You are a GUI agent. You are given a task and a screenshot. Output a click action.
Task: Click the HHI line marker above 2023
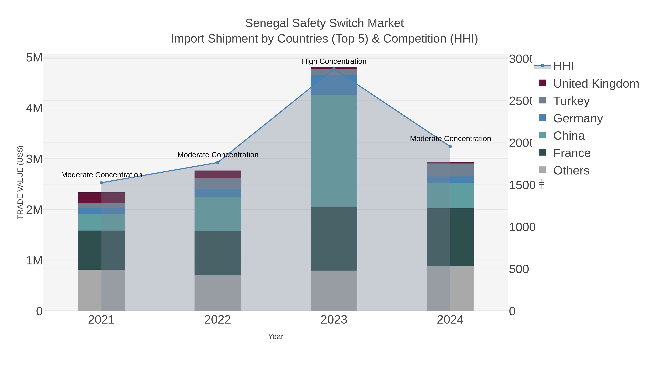[334, 69]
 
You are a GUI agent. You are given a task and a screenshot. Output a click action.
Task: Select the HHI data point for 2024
[450, 147]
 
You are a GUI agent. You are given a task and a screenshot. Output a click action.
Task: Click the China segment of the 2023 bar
[334, 151]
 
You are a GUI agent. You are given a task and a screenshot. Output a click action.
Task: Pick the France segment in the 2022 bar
[218, 253]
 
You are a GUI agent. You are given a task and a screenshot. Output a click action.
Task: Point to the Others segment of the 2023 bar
[334, 291]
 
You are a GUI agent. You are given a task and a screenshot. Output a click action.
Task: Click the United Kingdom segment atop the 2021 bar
[101, 198]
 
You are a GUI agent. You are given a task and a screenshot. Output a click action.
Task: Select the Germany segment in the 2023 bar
[334, 85]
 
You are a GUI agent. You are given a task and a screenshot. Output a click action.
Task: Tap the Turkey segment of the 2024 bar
[450, 170]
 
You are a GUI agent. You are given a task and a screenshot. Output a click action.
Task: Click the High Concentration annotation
[334, 61]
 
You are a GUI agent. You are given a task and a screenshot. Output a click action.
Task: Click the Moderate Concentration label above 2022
[218, 155]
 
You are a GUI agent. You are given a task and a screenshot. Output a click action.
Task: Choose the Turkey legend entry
[571, 101]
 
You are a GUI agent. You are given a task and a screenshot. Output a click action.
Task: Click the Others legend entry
[571, 171]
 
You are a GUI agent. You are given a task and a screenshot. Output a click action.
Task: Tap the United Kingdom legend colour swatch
[542, 83]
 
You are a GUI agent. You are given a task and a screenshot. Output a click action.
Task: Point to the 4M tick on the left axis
[34, 108]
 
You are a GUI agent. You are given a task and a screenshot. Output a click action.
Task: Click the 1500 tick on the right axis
[522, 185]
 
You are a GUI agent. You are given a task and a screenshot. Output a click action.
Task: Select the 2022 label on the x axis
[218, 320]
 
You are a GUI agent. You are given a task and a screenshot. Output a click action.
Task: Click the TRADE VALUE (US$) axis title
[20, 182]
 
